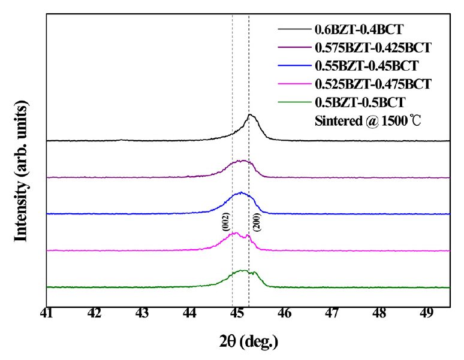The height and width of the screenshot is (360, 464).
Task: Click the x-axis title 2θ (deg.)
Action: pyautogui.click(x=248, y=342)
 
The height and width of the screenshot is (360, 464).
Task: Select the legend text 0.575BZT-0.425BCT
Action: pyautogui.click(x=373, y=46)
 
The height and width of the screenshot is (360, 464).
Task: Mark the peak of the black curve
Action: pyautogui.click(x=251, y=115)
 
